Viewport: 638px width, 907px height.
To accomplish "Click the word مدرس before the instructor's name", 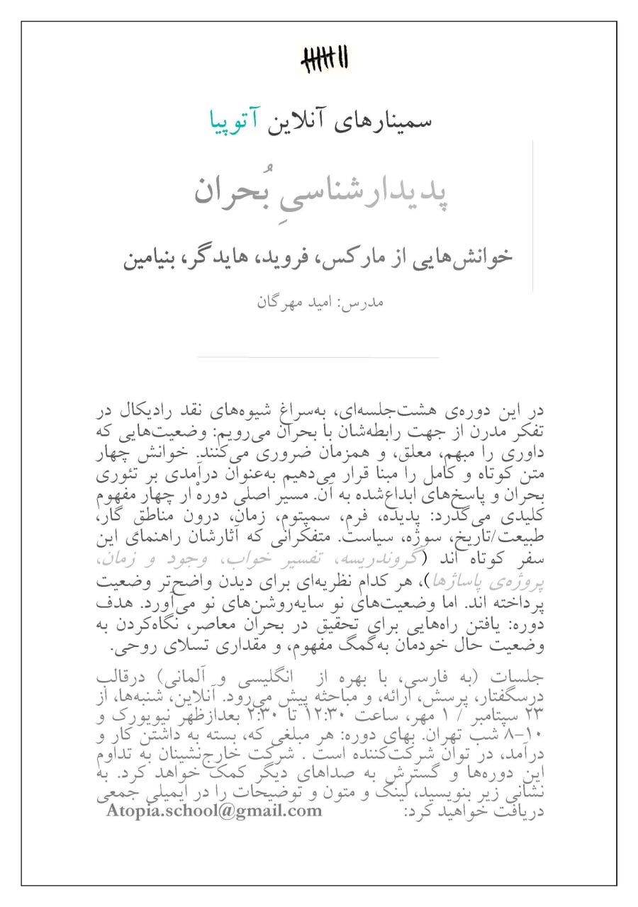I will coord(366,302).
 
